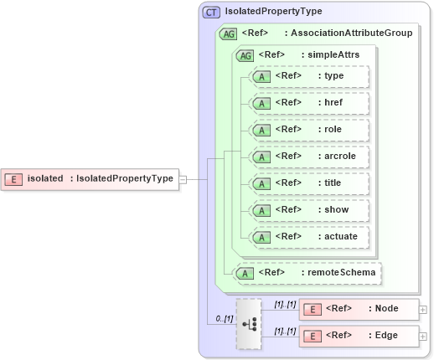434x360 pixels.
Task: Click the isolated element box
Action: [x=90, y=178]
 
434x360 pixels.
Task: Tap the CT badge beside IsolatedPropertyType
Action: [x=212, y=12]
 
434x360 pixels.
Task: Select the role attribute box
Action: [x=310, y=130]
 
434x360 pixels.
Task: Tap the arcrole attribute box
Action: [x=310, y=157]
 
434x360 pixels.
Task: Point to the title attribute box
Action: [x=310, y=183]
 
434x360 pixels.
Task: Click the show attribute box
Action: [x=310, y=210]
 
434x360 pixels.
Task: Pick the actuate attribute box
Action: [x=310, y=237]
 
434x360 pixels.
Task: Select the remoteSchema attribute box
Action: [x=307, y=272]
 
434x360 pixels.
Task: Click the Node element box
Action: [x=359, y=309]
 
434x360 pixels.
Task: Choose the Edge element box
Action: [x=359, y=336]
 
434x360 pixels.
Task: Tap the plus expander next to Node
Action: [x=423, y=310]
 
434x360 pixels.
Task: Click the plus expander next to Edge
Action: [x=423, y=337]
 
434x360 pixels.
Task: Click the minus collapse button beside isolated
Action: [x=183, y=178]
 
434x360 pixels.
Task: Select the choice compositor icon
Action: [x=249, y=323]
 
